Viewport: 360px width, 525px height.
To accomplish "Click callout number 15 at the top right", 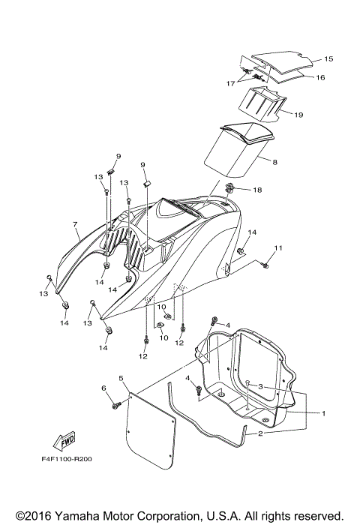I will [x=328, y=58].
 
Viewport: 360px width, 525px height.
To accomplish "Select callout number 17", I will [x=231, y=83].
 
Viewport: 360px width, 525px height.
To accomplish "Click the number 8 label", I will [x=275, y=162].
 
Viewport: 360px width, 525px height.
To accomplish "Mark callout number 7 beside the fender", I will [x=75, y=223].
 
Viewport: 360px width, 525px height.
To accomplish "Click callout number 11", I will [x=279, y=247].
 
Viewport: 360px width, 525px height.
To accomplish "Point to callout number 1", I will [x=323, y=412].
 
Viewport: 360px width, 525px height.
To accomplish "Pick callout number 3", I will [x=259, y=386].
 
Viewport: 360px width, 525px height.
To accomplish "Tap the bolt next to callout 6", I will [x=116, y=406].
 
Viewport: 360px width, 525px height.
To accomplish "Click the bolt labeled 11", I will [x=264, y=265].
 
